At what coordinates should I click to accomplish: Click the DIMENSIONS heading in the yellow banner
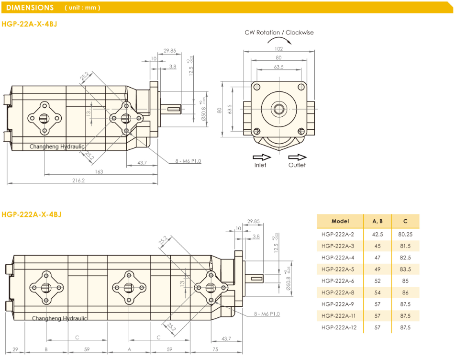coord(30,8)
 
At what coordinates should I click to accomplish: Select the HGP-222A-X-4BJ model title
coord(32,214)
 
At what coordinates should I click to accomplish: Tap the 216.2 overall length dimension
coord(78,180)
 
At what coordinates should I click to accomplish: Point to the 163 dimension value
coord(99,171)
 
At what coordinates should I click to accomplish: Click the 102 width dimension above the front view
coord(279,48)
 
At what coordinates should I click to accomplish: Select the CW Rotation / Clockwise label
coord(279,33)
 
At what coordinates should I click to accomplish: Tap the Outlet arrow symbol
coord(297,157)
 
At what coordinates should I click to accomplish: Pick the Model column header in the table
coord(340,221)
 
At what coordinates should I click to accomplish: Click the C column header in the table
coord(405,221)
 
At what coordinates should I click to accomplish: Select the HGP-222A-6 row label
coord(338,281)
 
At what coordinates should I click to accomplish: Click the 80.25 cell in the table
coord(405,234)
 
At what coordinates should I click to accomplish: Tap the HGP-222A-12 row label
coord(339,327)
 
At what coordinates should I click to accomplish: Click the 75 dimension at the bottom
coord(215,349)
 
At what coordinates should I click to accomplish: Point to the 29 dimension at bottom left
coord(15,349)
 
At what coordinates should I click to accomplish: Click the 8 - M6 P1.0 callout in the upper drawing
coord(188,161)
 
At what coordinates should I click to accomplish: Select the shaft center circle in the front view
coord(279,108)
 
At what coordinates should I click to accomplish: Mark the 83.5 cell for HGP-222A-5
coord(405,269)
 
